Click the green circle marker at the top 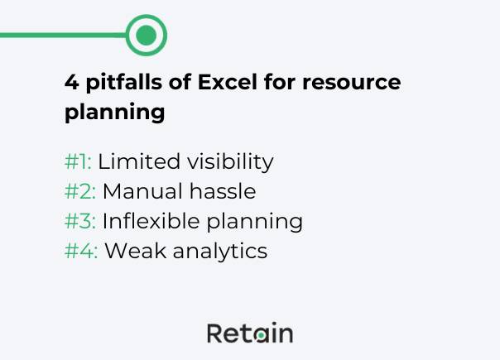tap(147, 35)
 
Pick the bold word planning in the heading tap(114, 113)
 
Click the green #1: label tap(78, 161)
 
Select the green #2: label tap(80, 191)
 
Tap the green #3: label tap(80, 221)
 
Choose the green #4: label tap(81, 251)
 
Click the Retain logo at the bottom tap(249, 333)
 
